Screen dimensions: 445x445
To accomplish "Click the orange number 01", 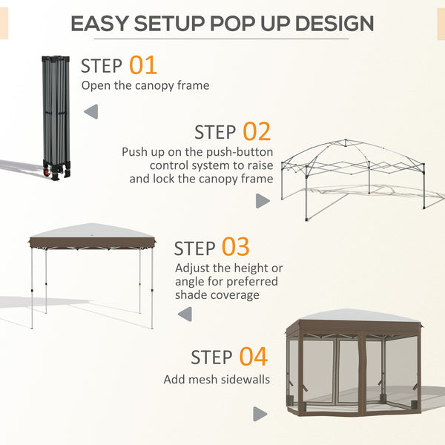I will tap(143, 65).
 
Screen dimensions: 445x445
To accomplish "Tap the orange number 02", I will tap(257, 132).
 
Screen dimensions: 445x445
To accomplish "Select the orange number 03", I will tap(235, 246).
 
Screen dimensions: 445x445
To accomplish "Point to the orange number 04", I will tap(253, 357).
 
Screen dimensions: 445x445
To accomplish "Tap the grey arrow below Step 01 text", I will tap(90, 112).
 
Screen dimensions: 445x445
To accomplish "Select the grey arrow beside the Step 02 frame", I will tap(262, 200).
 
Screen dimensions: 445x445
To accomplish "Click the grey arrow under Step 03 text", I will tap(185, 314).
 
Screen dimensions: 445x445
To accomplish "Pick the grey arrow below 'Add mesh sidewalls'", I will tap(260, 414).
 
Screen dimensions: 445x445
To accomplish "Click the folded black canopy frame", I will tap(56, 111).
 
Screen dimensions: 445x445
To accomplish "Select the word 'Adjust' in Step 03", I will tap(192, 268).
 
